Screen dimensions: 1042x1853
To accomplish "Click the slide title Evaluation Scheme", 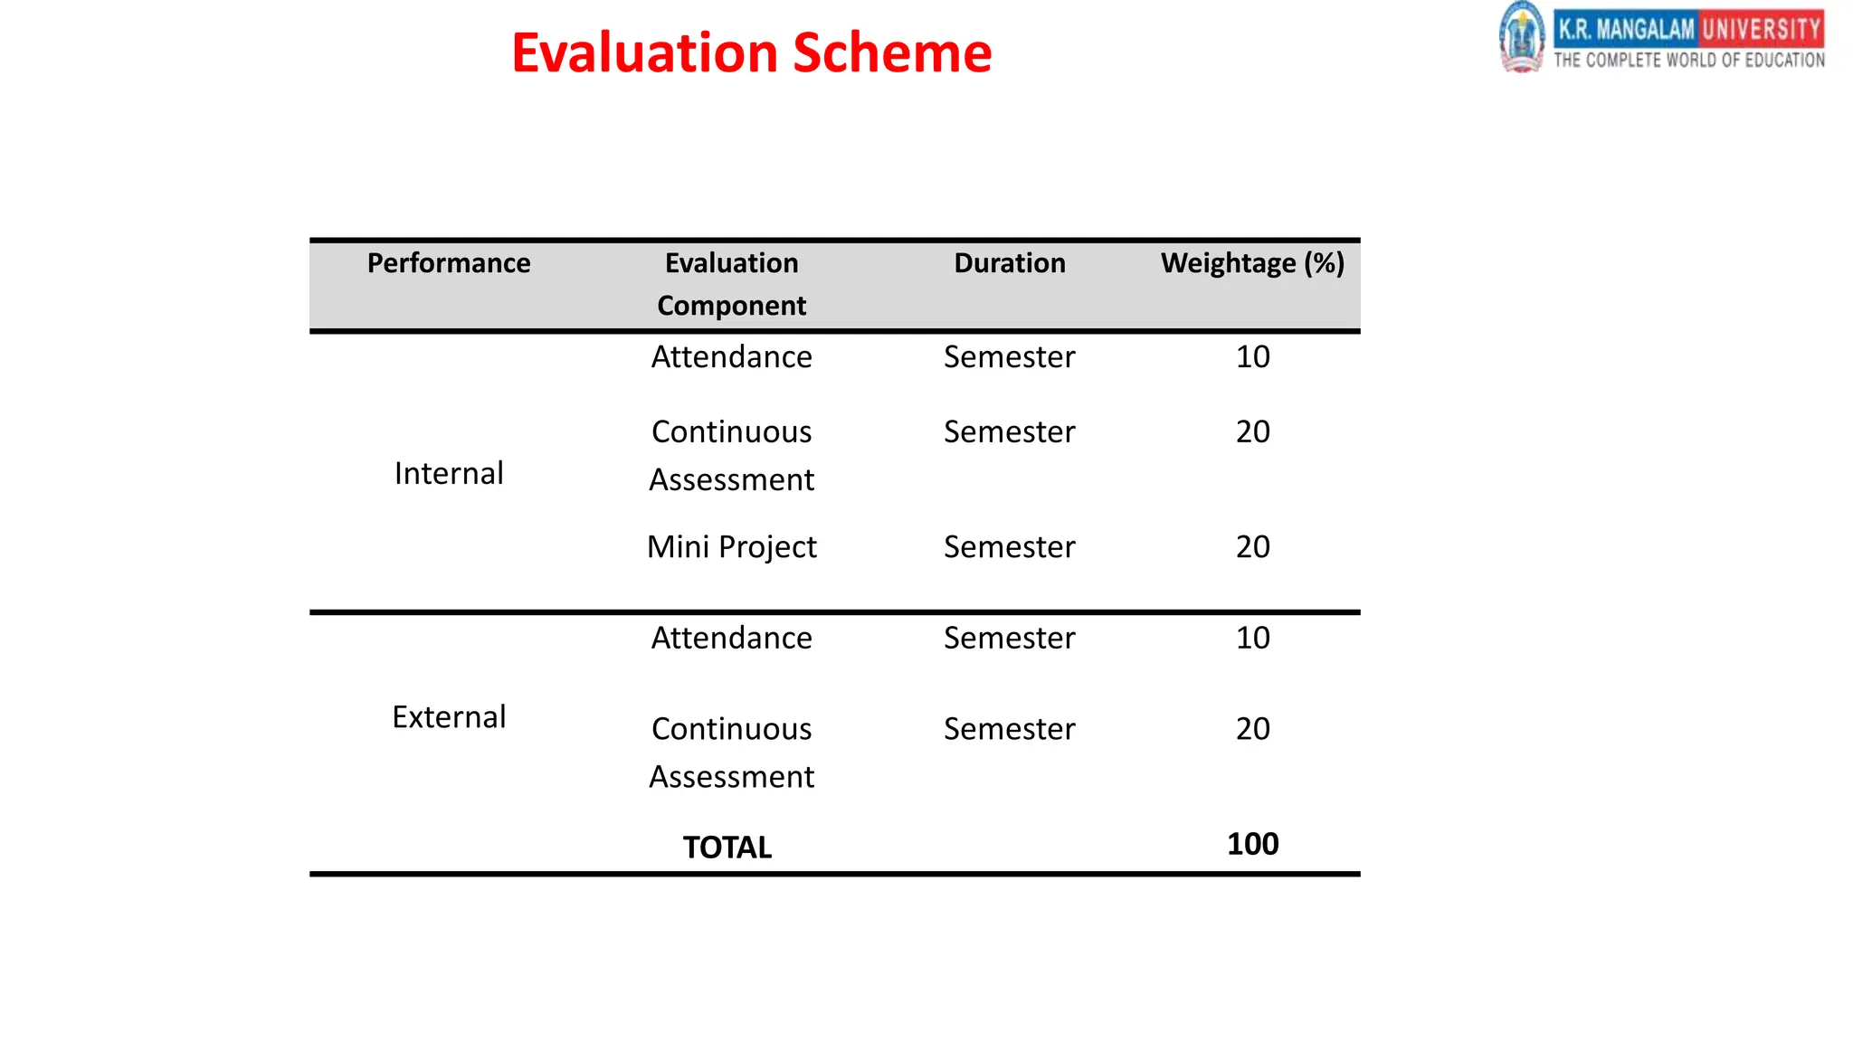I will coord(751,52).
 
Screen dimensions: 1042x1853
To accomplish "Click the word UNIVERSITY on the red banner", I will coord(1761,29).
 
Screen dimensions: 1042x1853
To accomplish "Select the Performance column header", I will coord(449,263).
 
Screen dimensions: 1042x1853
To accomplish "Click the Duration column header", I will coord(1010,263).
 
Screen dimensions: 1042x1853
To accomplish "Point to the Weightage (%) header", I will coord(1252,263).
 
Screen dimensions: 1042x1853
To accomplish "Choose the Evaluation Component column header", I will coord(731,284).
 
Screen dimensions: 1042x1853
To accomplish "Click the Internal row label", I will coord(449,473).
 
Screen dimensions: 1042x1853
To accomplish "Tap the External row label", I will coord(449,717).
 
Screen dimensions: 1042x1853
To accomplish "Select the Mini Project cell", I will coord(731,547).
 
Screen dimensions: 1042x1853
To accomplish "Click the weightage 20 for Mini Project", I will coord(1252,547).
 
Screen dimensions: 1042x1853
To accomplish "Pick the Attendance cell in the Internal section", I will coord(731,357).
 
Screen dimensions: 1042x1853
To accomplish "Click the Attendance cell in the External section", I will coord(731,639).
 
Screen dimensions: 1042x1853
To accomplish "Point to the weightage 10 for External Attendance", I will coord(1252,639).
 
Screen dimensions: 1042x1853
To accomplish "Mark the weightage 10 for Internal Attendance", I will coord(1252,357).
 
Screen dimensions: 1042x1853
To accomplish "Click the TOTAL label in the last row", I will coord(727,848).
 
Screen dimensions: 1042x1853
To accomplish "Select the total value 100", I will coord(1252,844).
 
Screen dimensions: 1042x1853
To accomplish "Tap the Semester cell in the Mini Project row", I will coord(1010,547).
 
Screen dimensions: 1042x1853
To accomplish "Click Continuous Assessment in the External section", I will coord(731,753).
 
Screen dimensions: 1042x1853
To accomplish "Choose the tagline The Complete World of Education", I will coord(1689,61).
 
